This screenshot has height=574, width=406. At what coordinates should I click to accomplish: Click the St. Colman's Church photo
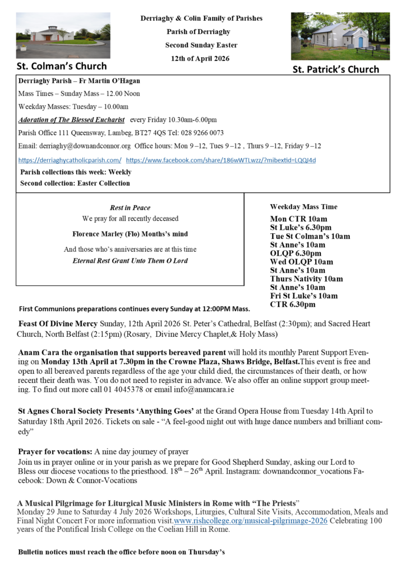[63, 35]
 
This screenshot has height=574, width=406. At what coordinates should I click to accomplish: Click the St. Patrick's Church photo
[340, 36]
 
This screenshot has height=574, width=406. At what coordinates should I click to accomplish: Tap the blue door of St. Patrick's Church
[361, 42]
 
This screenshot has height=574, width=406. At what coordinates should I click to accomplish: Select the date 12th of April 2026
[201, 58]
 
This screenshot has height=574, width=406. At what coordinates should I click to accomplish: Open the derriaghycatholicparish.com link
[70, 160]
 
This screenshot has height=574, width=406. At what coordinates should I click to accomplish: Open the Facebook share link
[221, 160]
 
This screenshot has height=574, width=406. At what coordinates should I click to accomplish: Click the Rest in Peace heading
[130, 207]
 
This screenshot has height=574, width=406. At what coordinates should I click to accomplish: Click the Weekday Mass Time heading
[303, 207]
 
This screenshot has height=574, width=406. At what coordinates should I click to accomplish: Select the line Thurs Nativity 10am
[306, 279]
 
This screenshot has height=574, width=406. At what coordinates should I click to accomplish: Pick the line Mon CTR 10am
[298, 219]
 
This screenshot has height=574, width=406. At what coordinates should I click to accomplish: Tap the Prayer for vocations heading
[55, 451]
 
